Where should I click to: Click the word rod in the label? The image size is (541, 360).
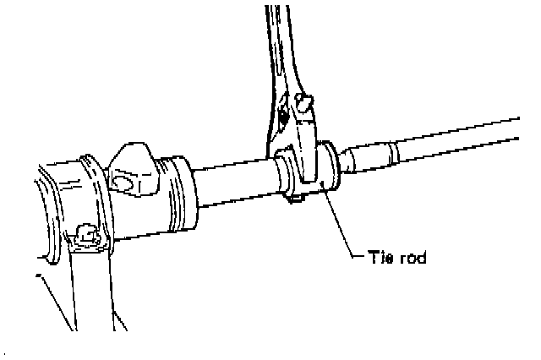pyautogui.click(x=412, y=258)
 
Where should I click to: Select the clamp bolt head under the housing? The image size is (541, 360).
pyautogui.click(x=85, y=232)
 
